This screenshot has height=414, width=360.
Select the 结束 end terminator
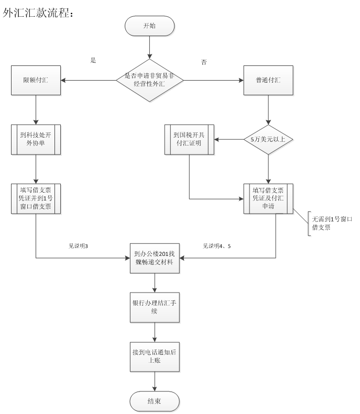pos(155,401)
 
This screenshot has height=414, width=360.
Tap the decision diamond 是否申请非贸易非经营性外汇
pos(150,80)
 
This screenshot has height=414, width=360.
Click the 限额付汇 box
pos(36,80)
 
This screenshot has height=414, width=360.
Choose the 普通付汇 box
pos(268,80)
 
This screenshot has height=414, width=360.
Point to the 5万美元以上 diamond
pos(268,140)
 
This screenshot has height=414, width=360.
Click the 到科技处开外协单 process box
pos(36,140)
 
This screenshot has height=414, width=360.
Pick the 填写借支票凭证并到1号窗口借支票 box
pos(36,199)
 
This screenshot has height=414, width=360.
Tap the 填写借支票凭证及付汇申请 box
pos(268,199)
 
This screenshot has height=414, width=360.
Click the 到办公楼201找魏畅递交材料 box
pos(155,258)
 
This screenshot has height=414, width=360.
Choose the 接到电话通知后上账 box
pos(155,357)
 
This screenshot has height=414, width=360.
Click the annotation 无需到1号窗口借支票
pos(331,224)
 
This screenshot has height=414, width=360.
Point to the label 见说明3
pos(78,245)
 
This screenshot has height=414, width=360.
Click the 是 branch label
pos(93,60)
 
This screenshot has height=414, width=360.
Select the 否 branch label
pos(204,62)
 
